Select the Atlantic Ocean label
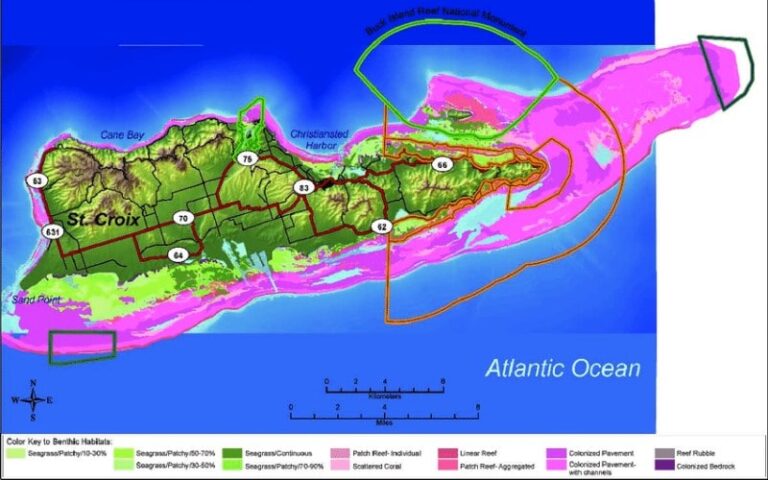(x=563, y=368)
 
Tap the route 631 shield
(x=52, y=231)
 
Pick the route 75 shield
(x=246, y=159)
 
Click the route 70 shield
(x=182, y=217)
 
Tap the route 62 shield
(x=381, y=227)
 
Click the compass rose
(x=35, y=399)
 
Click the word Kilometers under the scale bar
(x=385, y=396)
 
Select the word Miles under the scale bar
(x=383, y=421)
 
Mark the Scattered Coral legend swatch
(x=340, y=466)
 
